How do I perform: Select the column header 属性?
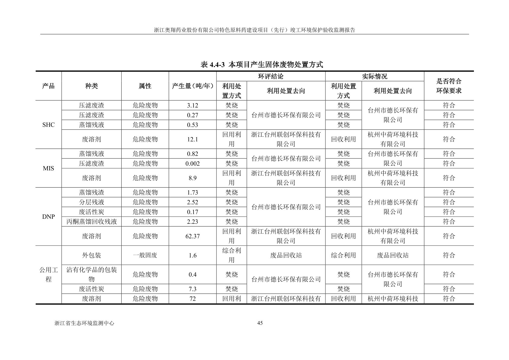(x=145, y=86)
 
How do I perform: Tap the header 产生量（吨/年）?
(x=193, y=86)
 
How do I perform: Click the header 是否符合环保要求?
(x=449, y=86)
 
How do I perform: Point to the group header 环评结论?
(x=271, y=77)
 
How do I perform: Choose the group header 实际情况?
(x=374, y=77)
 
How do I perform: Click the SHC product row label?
(x=48, y=125)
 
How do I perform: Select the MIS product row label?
(x=48, y=168)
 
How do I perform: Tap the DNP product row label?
(x=48, y=217)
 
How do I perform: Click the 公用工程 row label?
(x=48, y=274)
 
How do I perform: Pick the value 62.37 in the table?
(x=193, y=236)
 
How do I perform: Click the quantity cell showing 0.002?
(x=193, y=163)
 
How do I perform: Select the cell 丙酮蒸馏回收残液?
(x=91, y=221)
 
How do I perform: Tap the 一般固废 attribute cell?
(x=145, y=255)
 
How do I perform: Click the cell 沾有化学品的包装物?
(x=91, y=274)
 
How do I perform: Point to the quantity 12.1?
(x=193, y=139)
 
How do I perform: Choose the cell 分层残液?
(x=91, y=202)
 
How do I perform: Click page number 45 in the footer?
(x=260, y=323)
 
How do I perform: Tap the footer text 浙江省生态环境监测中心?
(x=84, y=323)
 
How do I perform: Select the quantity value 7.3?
(x=193, y=289)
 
